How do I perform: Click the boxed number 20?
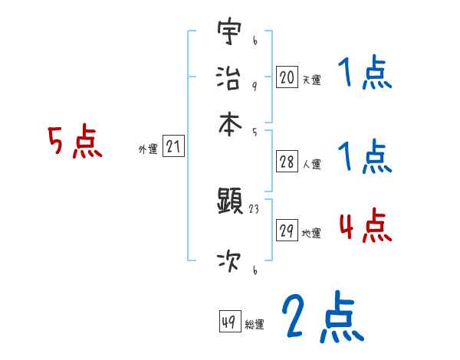(x=287, y=77)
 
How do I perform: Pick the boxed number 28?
(x=287, y=162)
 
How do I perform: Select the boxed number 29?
(x=287, y=231)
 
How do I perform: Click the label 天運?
(x=311, y=80)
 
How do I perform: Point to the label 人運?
(x=311, y=164)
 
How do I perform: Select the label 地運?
(x=311, y=234)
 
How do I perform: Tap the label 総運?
(x=254, y=325)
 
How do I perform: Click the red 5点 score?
(x=74, y=143)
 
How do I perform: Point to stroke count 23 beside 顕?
(x=254, y=208)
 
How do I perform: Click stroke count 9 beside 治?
(x=254, y=86)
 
